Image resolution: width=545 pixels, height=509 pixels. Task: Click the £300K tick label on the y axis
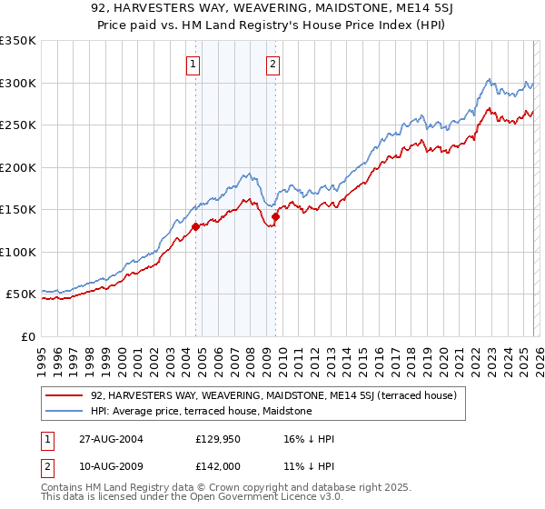(x=18, y=83)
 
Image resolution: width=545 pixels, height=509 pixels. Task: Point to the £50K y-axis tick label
(x=21, y=294)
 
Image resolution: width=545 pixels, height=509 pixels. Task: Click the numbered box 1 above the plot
(x=194, y=64)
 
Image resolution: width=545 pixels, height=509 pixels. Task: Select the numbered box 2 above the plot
(x=273, y=64)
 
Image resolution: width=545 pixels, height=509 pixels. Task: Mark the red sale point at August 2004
(x=195, y=227)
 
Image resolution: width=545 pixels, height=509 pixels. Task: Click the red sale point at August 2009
(x=275, y=216)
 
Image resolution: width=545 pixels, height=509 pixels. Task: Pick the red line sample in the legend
(x=65, y=395)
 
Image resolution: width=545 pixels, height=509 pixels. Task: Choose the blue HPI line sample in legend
(x=65, y=411)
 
